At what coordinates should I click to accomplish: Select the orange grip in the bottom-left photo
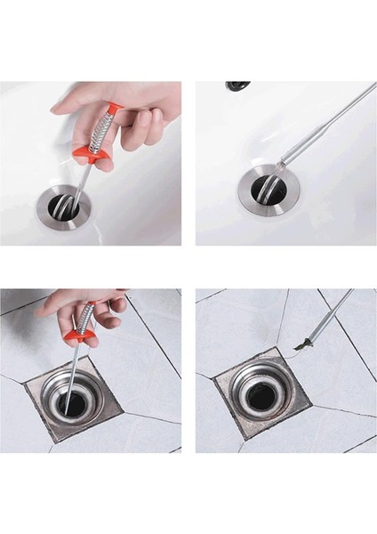(x=85, y=338)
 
